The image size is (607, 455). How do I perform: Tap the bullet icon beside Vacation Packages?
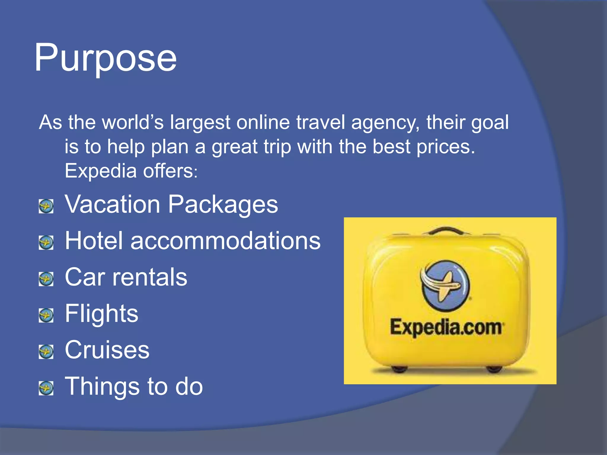click(x=46, y=206)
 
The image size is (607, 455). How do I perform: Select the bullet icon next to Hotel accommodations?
click(x=46, y=243)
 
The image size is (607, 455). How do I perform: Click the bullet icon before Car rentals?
click(x=46, y=279)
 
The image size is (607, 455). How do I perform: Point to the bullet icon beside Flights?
click(x=46, y=315)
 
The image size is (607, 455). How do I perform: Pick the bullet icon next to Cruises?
click(x=46, y=352)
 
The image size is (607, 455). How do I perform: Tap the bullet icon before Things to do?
click(x=46, y=388)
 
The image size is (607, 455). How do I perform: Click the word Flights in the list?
click(x=101, y=313)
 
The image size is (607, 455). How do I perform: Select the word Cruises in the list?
click(x=107, y=350)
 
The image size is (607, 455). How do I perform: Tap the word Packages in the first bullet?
click(x=223, y=205)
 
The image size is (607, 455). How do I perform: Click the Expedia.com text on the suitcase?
click(x=446, y=327)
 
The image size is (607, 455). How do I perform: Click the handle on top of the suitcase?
click(x=446, y=230)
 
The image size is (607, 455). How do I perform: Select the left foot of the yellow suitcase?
click(x=399, y=369)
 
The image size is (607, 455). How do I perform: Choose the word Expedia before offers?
click(x=100, y=171)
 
